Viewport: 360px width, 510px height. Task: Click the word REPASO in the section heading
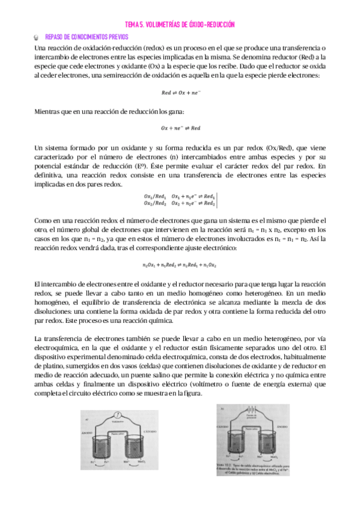pyautogui.click(x=56, y=37)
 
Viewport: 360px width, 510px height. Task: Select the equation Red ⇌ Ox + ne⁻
pyautogui.click(x=180, y=93)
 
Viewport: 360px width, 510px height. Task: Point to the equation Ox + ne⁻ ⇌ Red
pyautogui.click(x=180, y=127)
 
